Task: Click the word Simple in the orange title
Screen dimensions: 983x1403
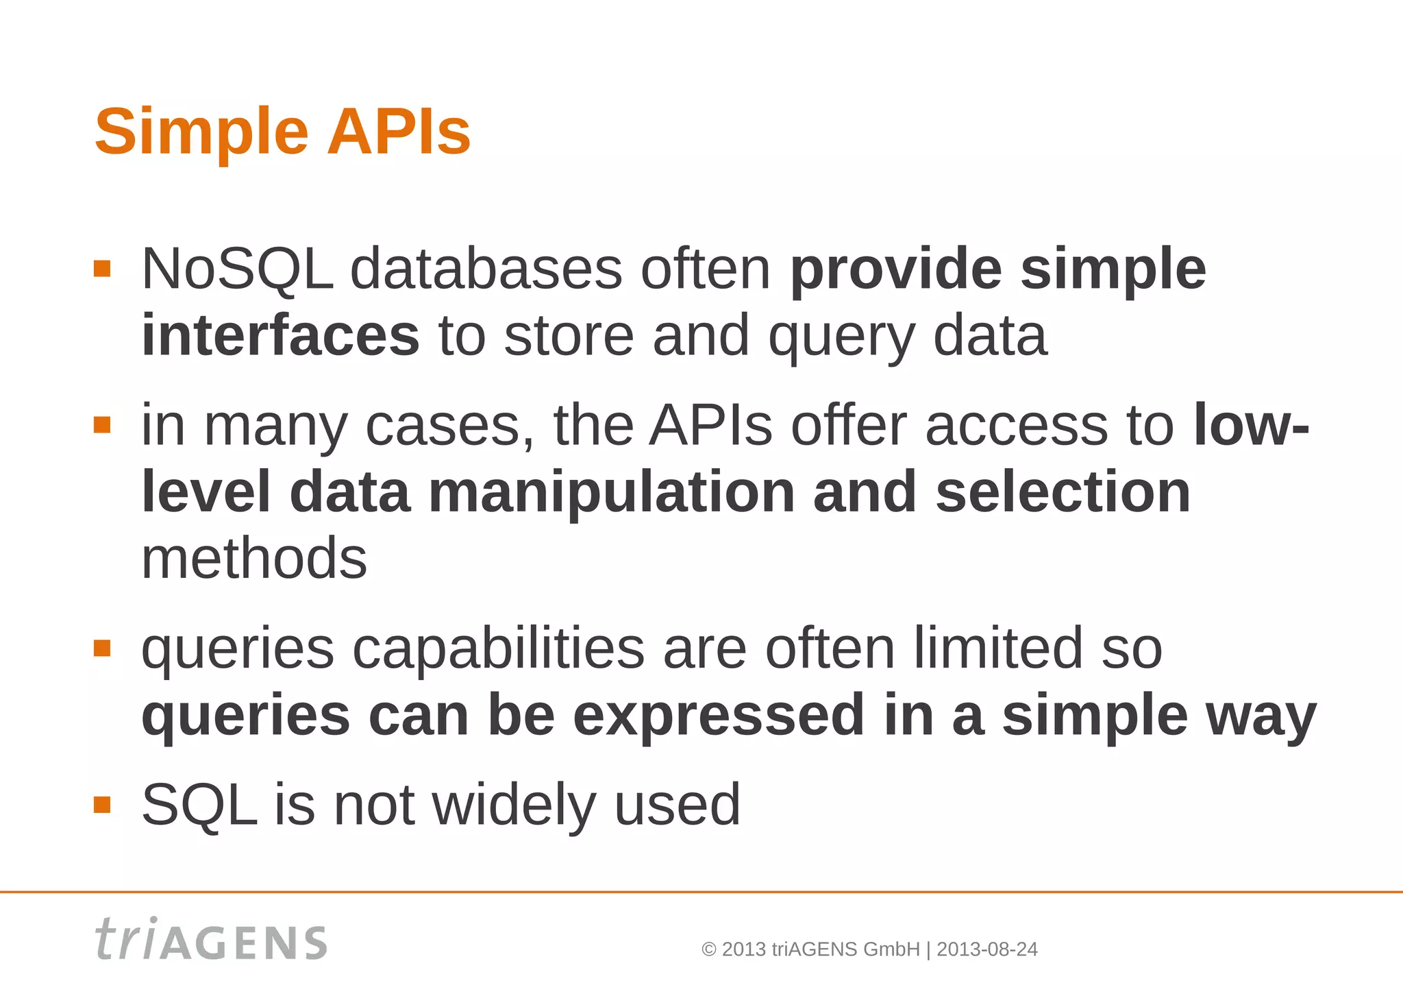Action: (201, 133)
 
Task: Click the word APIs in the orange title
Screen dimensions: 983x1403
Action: (399, 132)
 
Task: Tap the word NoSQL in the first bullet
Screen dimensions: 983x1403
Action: (237, 269)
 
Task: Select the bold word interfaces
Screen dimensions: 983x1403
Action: (280, 336)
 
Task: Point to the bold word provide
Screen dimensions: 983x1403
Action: (895, 269)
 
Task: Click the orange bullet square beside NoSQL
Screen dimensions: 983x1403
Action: (102, 268)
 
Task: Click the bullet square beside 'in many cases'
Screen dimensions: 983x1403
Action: (102, 425)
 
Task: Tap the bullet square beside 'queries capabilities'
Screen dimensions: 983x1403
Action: (102, 648)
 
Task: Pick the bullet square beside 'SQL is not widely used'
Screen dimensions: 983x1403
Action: (102, 804)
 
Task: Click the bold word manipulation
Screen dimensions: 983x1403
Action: (612, 492)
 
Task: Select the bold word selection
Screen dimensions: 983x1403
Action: (1063, 492)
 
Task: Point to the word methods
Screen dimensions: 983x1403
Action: (254, 559)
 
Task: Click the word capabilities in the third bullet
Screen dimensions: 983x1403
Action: (498, 648)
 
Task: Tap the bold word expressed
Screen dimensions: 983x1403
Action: (719, 716)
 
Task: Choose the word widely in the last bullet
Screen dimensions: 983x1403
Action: (514, 805)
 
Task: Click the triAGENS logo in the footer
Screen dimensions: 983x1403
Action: (211, 940)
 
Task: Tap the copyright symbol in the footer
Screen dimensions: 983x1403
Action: (709, 949)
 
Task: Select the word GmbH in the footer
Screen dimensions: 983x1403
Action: (891, 949)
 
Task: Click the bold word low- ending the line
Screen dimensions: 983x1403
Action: (1251, 426)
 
